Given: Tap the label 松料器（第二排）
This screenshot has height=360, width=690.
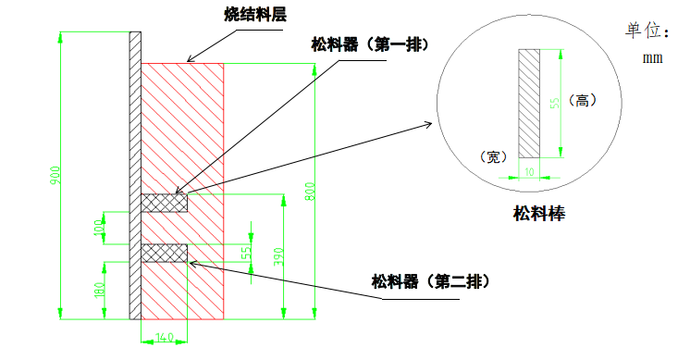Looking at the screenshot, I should pos(430,280).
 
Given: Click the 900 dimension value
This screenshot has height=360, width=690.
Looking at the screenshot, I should pos(55,175).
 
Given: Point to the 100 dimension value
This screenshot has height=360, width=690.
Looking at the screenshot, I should pos(100,228).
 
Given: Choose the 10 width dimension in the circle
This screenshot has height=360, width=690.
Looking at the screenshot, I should pos(530,171).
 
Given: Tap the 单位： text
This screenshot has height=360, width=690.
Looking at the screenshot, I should pos(647,31).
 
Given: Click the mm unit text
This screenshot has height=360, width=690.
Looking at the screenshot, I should pos(654,57).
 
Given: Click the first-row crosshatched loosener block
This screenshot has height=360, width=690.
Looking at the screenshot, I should pos(164,203).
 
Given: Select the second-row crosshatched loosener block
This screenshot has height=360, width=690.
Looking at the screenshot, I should pos(164,253).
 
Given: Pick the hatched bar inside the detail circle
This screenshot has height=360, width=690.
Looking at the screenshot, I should pos(529,103).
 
